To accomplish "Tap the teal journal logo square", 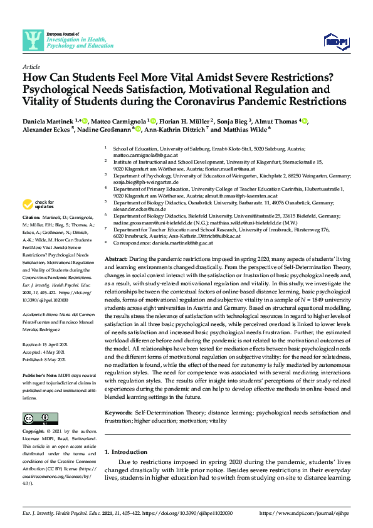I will [x=33, y=40].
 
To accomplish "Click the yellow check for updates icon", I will [x=28, y=204].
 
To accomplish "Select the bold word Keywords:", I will [x=118, y=396].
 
